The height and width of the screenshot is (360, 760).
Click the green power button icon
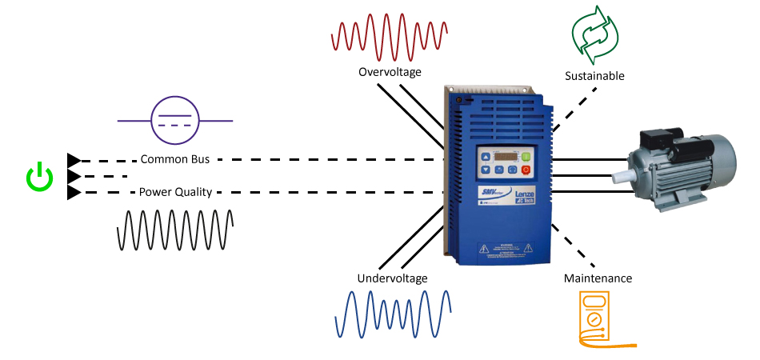tap(39, 178)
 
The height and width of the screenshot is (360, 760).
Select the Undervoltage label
tap(392, 278)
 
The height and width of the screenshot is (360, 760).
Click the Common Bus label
tap(174, 159)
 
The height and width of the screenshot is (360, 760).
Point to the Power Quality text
tap(174, 192)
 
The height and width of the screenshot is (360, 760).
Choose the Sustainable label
tap(594, 76)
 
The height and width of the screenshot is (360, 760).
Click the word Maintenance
tap(598, 278)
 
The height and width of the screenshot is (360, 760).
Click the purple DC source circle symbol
tap(175, 121)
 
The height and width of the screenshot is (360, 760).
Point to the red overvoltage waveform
tap(390, 35)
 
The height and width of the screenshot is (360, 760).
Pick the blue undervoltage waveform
tap(392, 313)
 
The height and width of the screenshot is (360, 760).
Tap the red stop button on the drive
tap(526, 170)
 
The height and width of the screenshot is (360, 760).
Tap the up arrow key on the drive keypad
tap(485, 157)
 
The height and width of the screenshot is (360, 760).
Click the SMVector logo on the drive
tap(489, 194)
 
